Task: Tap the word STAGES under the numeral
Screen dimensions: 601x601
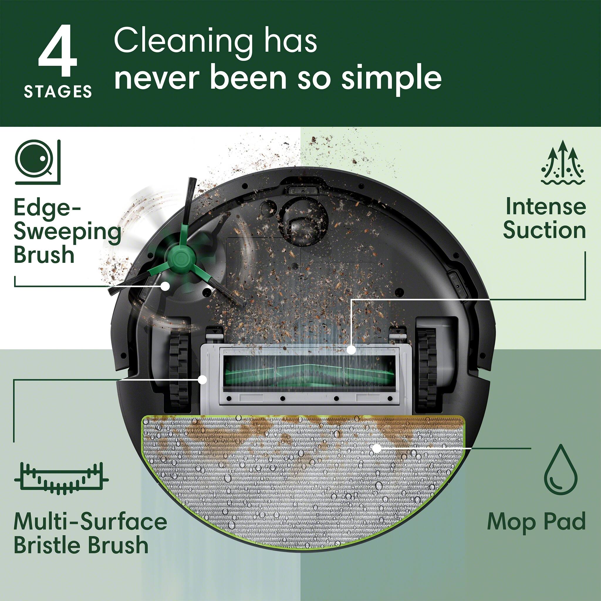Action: pos(58,92)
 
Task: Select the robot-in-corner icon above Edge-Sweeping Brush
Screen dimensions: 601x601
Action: pos(37,162)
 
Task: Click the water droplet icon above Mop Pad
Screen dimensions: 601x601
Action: pos(561,470)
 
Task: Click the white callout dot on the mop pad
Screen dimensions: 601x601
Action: pos(377,448)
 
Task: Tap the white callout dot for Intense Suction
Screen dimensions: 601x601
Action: pos(351,350)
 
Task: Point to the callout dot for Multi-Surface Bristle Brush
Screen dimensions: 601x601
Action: pos(202,379)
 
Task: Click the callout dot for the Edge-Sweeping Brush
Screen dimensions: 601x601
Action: pos(165,286)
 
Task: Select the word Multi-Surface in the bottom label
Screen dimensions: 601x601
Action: pos(90,522)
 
